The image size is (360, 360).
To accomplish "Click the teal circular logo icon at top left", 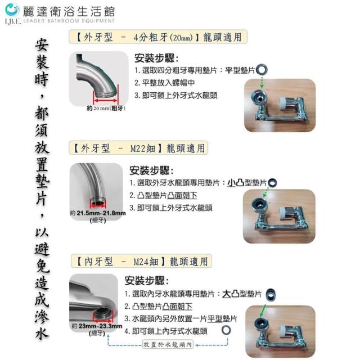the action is pos(12,10).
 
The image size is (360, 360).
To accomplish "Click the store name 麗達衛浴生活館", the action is pos(69,11).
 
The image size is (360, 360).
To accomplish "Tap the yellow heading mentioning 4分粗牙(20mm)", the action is pos(158,37).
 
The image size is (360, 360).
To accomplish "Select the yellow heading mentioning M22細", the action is pos(138,148).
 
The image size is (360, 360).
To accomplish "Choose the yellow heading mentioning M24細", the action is pos(141,261).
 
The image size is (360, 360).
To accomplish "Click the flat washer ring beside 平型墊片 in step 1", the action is pos(262,70).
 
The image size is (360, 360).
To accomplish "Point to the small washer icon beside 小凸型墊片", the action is pos(272,183).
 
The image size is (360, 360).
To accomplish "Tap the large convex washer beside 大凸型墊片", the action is pos(271,295).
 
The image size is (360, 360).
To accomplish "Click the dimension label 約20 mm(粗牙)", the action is pos(106,108).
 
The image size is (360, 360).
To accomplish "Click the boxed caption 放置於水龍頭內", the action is pos(168,344).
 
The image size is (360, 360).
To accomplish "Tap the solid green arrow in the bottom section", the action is pos(262,311).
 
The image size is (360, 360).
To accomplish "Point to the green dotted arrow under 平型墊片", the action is pos(262,82).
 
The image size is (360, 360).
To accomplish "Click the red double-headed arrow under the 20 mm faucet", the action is pos(106,100).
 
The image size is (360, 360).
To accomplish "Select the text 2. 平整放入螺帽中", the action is pos(164,83).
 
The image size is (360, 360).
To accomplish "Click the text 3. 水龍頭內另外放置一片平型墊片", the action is pos(181,319).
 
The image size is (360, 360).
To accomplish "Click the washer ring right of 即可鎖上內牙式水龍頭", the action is pos(226,330).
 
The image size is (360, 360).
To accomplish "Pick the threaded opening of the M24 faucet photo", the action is pos(103,314).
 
